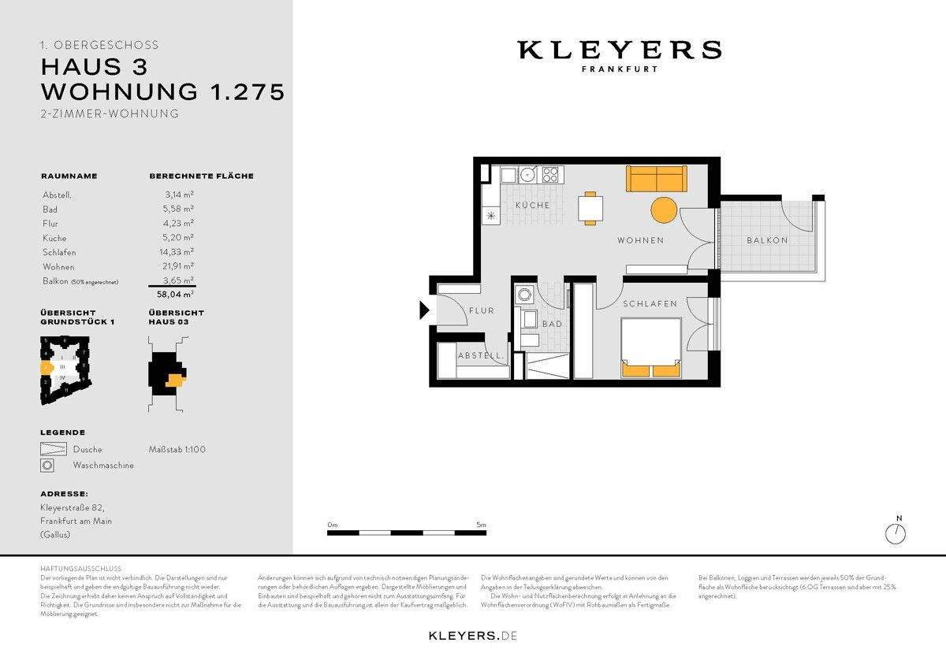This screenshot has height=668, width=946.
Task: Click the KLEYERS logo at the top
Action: (619, 51)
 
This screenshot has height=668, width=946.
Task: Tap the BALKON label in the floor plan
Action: (767, 240)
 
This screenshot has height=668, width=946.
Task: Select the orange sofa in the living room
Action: (657, 179)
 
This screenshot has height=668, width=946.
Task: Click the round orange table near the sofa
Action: (664, 210)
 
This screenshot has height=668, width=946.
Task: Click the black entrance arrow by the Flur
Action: (423, 311)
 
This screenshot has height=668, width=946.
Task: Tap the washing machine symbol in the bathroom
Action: (523, 295)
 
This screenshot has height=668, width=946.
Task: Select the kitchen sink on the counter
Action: (527, 173)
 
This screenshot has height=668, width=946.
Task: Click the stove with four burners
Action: (549, 174)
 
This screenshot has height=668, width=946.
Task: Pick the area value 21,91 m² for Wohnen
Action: (179, 267)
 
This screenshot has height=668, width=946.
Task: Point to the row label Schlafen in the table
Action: (59, 253)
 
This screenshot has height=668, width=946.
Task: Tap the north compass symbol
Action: (896, 533)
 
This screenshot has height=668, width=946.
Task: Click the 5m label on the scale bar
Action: (481, 524)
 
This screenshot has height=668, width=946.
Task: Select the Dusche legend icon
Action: (52, 450)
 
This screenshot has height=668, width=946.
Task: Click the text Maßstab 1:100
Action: (177, 450)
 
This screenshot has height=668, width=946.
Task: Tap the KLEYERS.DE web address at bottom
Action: (472, 635)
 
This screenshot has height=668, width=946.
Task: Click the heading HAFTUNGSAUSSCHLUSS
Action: (80, 569)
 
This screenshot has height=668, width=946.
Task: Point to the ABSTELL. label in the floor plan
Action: (481, 356)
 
